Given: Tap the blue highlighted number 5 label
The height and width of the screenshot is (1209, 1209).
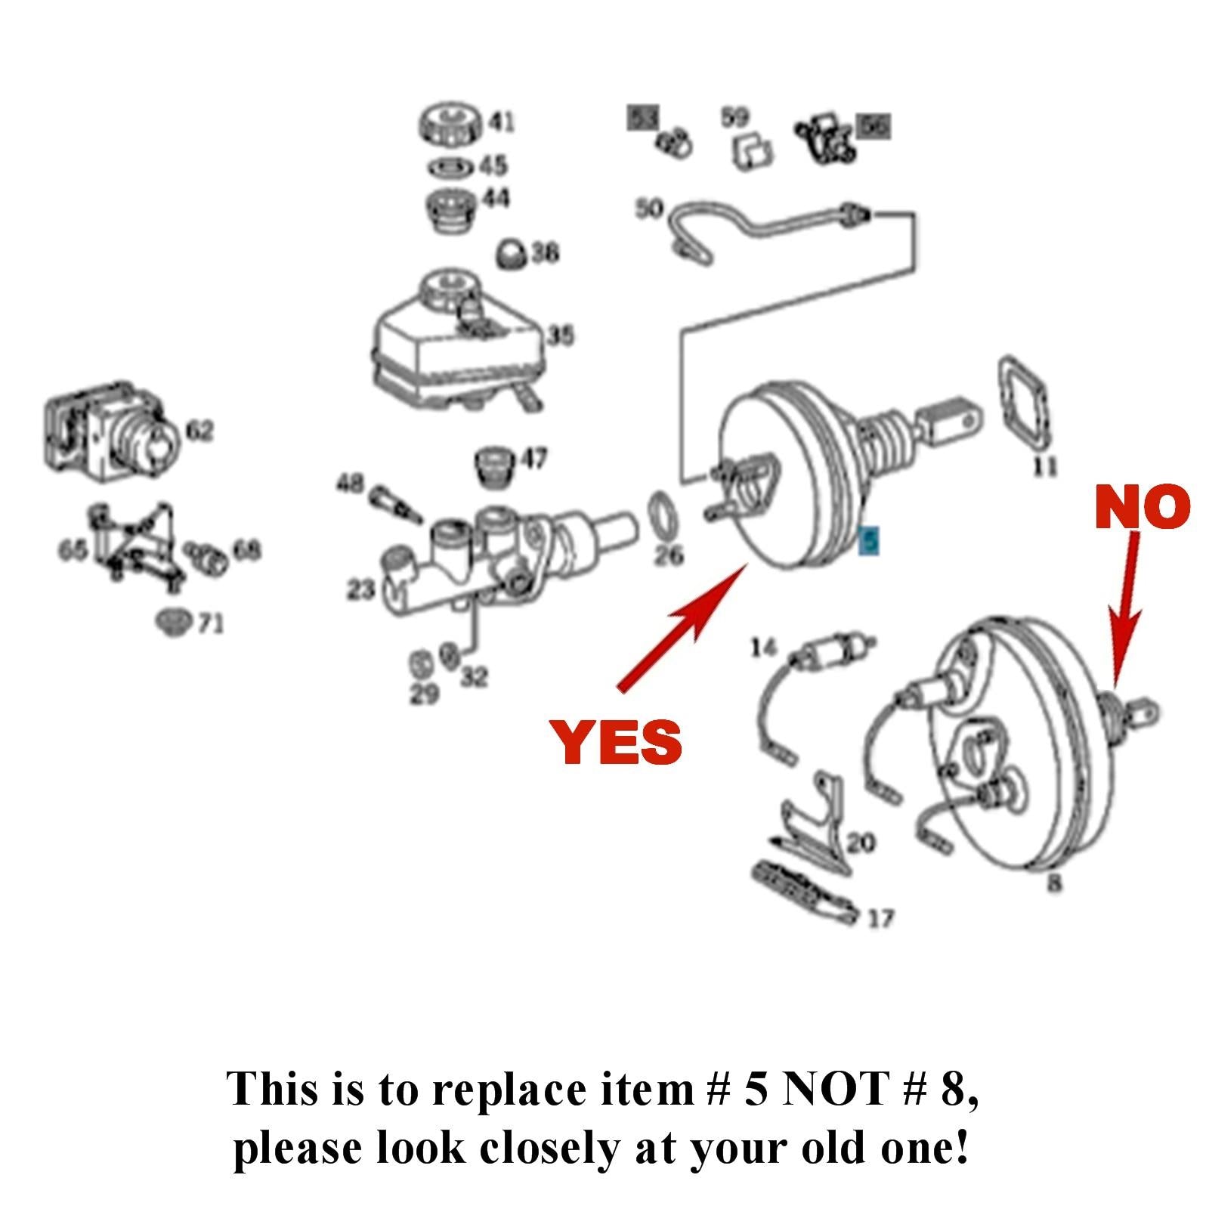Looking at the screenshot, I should tap(870, 540).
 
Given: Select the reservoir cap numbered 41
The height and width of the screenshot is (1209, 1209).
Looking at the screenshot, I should tap(450, 124).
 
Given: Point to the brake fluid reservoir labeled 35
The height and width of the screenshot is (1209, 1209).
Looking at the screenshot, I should tap(453, 355).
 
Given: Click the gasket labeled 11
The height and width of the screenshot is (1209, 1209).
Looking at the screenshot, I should tap(1025, 408).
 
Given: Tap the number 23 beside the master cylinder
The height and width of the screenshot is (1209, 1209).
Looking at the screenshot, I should tap(360, 589).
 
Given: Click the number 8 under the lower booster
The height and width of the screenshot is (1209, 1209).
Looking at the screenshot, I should tap(1055, 882).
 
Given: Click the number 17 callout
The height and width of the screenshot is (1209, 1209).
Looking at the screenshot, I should tap(880, 918).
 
